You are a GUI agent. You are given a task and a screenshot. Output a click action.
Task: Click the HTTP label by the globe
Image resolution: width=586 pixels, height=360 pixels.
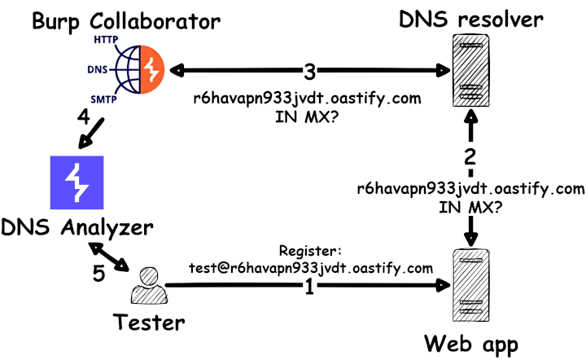(105, 39)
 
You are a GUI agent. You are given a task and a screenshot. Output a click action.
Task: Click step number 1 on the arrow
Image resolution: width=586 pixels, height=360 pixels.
(309, 287)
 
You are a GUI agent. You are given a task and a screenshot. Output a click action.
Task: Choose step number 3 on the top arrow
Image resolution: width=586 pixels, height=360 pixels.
(309, 72)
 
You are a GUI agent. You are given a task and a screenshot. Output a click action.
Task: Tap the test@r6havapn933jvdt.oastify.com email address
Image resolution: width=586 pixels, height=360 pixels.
(309, 267)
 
